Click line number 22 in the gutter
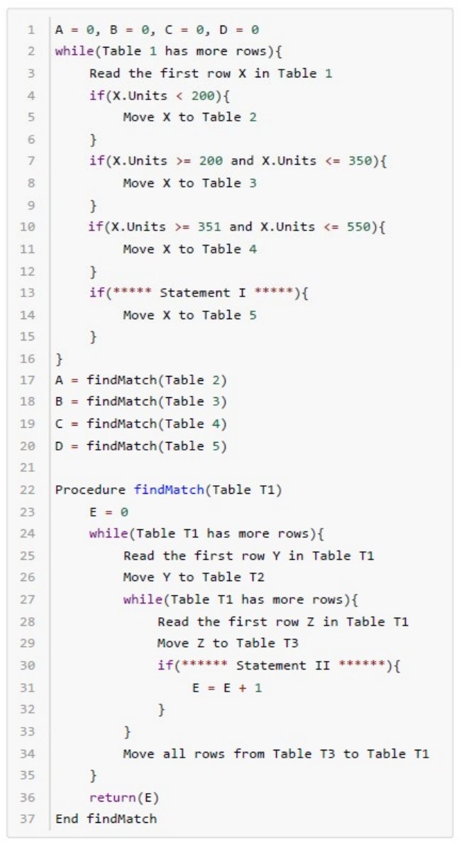coord(30,490)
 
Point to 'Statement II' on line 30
coord(279,665)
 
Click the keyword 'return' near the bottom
coord(110,797)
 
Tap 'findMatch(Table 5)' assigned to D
coord(157,447)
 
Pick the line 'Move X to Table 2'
coord(190,117)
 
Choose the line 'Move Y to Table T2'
coord(194,578)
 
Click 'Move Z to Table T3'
coord(228,644)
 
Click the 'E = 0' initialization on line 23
coord(109,512)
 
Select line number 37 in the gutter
coord(30,819)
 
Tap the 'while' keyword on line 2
coord(72,52)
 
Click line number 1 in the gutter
coord(31,31)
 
